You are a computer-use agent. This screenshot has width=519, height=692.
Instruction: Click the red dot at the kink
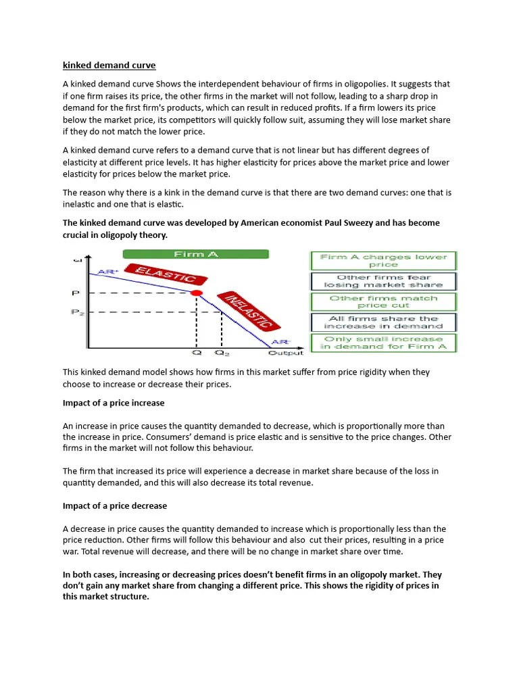pyautogui.click(x=197, y=293)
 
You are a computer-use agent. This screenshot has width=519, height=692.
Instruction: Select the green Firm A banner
pyautogui.click(x=195, y=254)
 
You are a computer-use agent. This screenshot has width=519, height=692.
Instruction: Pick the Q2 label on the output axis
pyautogui.click(x=221, y=352)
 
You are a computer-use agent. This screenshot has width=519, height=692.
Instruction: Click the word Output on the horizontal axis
pyautogui.click(x=285, y=352)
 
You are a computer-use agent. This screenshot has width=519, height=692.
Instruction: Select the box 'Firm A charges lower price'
pyautogui.click(x=383, y=261)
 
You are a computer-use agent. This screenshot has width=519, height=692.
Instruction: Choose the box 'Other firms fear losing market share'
pyautogui.click(x=383, y=281)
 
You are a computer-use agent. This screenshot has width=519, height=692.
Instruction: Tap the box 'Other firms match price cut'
pyautogui.click(x=383, y=301)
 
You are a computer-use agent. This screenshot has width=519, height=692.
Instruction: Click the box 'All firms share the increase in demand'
pyautogui.click(x=383, y=322)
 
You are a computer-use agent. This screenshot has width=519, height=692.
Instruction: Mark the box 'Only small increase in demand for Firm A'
pyautogui.click(x=383, y=343)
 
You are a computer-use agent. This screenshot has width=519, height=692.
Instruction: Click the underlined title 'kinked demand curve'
pyautogui.click(x=109, y=66)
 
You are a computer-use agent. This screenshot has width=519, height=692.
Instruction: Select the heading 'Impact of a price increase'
pyautogui.click(x=114, y=403)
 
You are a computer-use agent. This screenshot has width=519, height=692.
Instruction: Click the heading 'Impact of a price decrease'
pyautogui.click(x=115, y=505)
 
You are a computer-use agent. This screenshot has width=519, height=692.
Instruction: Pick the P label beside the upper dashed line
pyautogui.click(x=76, y=293)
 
